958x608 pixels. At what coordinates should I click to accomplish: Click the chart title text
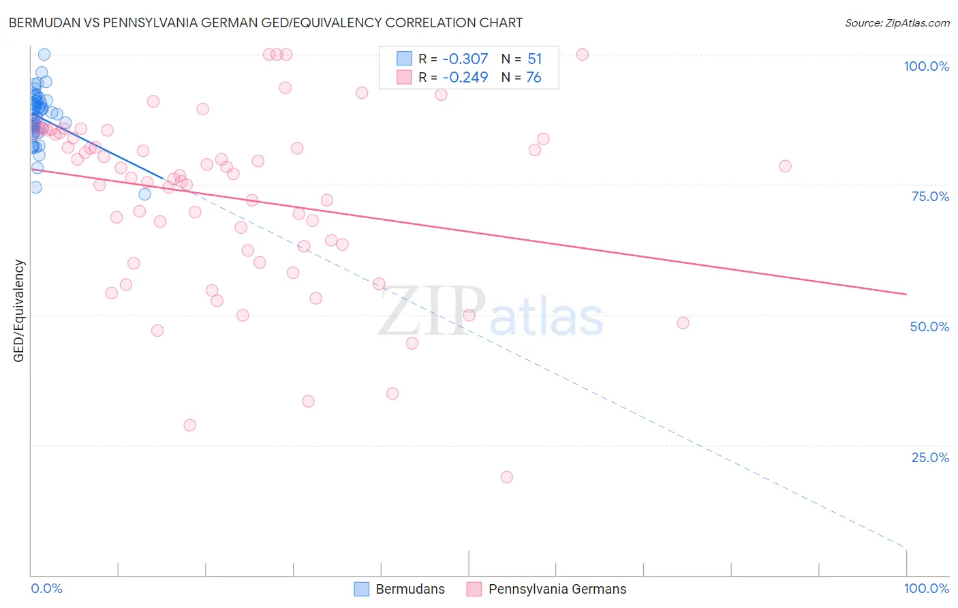[x=266, y=22]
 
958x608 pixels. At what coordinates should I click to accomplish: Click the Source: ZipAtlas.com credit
[x=897, y=23]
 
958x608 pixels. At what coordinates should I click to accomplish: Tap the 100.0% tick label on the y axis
[x=926, y=66]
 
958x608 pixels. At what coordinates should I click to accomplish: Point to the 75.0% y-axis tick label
[x=930, y=196]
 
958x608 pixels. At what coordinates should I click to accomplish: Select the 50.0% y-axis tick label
[x=929, y=326]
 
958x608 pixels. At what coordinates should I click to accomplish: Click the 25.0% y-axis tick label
[x=930, y=457]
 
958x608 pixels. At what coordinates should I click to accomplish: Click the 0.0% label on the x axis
[x=46, y=588]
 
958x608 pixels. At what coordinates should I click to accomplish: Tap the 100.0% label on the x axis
[x=926, y=588]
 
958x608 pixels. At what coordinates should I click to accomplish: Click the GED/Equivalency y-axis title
[x=19, y=311]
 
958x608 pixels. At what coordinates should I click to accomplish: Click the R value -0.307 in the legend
[x=465, y=59]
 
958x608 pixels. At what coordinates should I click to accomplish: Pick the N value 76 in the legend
[x=534, y=78]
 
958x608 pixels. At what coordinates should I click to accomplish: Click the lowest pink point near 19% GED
[x=506, y=477]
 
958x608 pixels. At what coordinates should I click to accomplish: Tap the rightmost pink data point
[x=785, y=166]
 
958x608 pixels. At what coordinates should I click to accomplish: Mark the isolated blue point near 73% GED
[x=144, y=194]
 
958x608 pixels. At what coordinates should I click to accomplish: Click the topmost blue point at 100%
[x=44, y=55]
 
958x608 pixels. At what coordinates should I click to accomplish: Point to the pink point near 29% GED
[x=190, y=425]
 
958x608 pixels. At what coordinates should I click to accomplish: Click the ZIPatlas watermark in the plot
[x=491, y=311]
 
